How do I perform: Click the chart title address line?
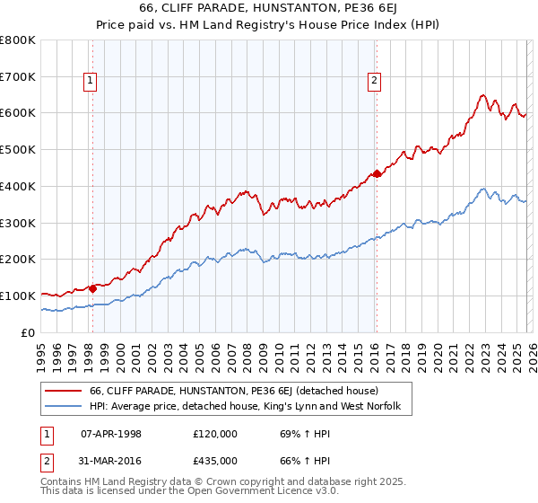coord(269,8)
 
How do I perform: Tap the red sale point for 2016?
coord(377,173)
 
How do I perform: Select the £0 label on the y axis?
coord(27,332)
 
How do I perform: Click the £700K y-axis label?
coord(18,77)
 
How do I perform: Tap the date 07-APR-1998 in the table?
coord(111,434)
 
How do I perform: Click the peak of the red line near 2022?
coord(482,95)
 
